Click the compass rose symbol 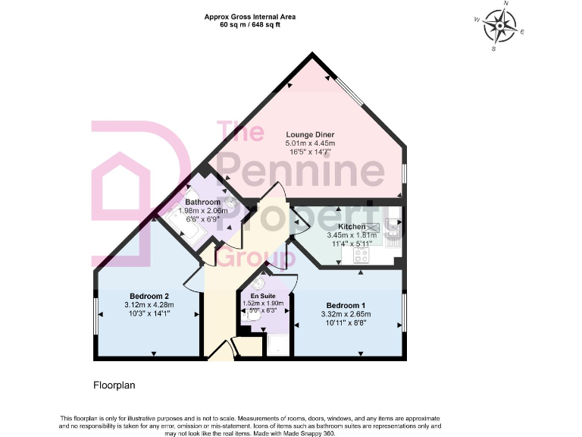(499, 27)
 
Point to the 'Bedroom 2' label (149, 296)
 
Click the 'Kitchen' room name (352, 227)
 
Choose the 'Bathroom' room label (202, 202)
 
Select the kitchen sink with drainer (393, 231)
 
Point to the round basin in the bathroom (230, 203)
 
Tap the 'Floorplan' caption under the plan (114, 385)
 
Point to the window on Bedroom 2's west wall (96, 313)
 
